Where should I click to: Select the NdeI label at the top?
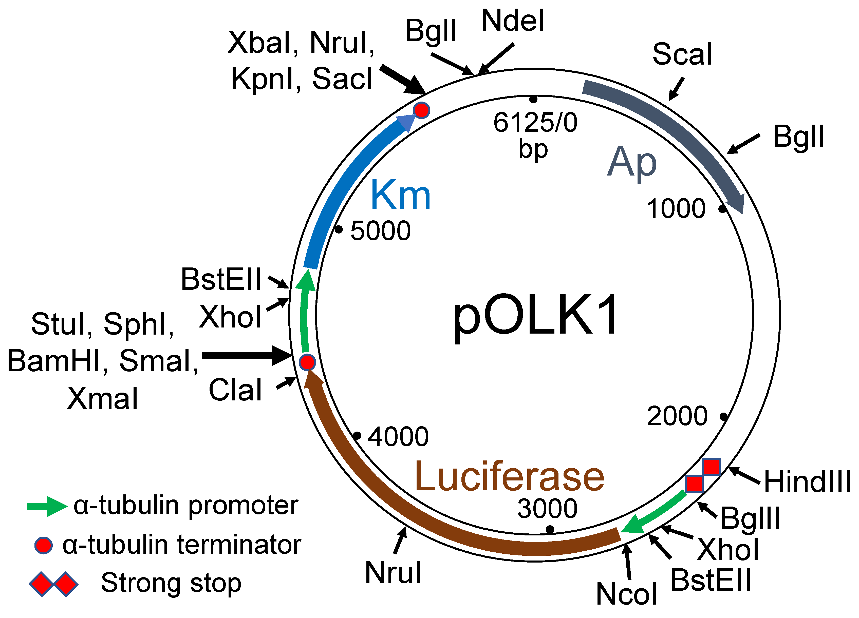[513, 21]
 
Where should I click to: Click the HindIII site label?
[807, 482]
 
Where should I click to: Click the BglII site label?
[750, 518]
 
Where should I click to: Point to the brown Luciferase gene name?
[509, 476]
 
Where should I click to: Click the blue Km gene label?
[401, 195]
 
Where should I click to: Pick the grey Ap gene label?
[631, 162]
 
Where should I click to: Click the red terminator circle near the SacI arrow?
[421, 110]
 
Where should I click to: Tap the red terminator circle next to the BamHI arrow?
[307, 362]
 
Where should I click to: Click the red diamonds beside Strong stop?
[54, 584]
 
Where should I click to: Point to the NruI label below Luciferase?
[393, 572]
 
